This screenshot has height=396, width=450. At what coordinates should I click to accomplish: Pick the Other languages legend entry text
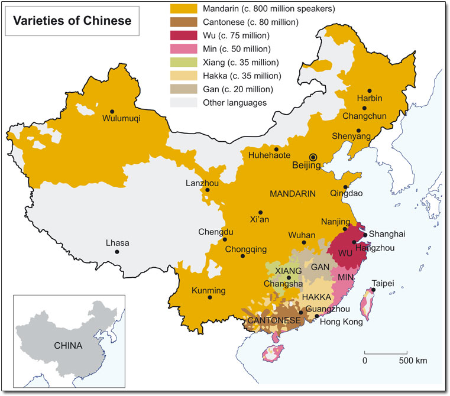point(227,103)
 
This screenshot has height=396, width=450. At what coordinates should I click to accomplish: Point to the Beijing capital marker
point(313,157)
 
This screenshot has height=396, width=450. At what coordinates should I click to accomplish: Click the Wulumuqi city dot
point(112,110)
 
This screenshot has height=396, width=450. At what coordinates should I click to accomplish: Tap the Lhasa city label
point(117,243)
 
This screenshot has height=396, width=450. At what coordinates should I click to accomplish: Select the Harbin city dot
point(370,90)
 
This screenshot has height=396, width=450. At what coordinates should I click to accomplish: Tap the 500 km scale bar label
point(412,361)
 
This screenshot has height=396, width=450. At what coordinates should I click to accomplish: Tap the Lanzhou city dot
point(207,190)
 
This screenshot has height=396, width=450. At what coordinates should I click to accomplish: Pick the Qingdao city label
point(347,193)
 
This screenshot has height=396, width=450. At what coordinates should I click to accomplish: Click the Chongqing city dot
point(242,256)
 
